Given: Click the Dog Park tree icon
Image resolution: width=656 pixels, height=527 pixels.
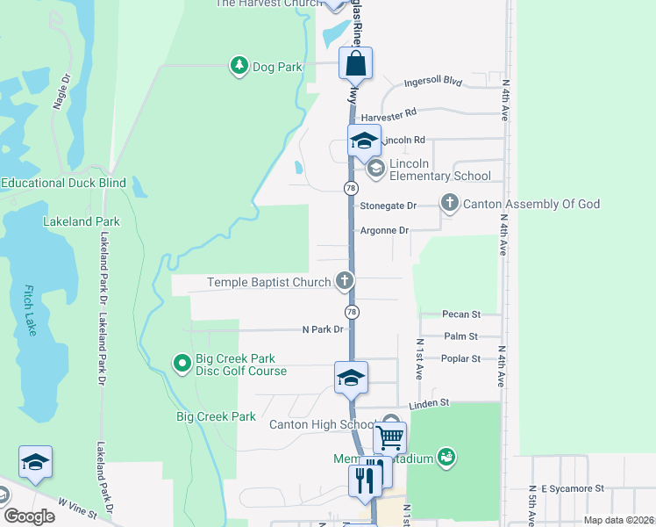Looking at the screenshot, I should pyautogui.click(x=239, y=66).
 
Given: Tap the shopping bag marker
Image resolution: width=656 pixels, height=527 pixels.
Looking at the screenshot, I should pyautogui.click(x=355, y=64).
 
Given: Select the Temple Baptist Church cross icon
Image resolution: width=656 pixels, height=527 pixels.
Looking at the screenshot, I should pyautogui.click(x=345, y=281).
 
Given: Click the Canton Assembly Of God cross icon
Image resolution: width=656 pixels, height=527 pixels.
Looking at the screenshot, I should pyautogui.click(x=450, y=204).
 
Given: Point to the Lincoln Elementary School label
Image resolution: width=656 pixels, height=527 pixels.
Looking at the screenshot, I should pyautogui.click(x=440, y=170).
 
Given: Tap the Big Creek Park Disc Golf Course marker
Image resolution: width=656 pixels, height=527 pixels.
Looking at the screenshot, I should pyautogui.click(x=182, y=362).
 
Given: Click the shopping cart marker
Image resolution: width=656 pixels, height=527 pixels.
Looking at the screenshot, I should pyautogui.click(x=389, y=437).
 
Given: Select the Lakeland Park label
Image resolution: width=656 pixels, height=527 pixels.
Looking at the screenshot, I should pyautogui.click(x=82, y=221).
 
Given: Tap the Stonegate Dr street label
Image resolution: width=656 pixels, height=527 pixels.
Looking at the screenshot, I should pyautogui.click(x=389, y=206).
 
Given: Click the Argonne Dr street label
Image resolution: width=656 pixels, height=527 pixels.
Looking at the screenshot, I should pyautogui.click(x=385, y=230).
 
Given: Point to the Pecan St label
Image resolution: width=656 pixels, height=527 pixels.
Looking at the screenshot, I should pyautogui.click(x=462, y=314).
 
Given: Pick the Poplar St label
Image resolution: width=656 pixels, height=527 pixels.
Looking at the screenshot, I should pyautogui.click(x=462, y=358).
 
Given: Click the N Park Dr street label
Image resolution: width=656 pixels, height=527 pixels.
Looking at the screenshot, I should pyautogui.click(x=322, y=330).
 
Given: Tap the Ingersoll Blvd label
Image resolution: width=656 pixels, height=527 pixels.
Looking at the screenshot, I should pyautogui.click(x=432, y=82).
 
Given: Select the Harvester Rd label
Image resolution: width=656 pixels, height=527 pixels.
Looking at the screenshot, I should pyautogui.click(x=387, y=114).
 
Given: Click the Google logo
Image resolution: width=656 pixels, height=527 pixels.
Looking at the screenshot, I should pyautogui.click(x=29, y=516).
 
